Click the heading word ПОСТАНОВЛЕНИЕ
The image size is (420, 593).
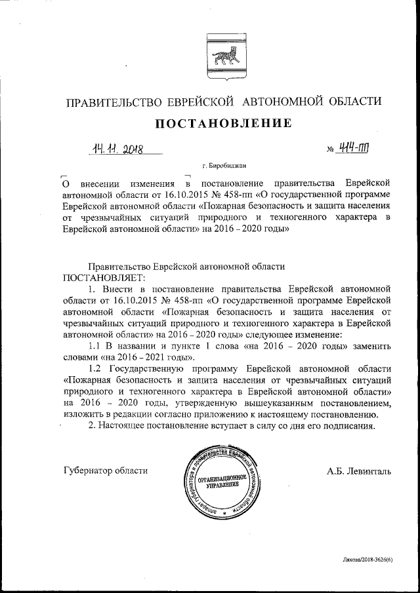[x=222, y=123]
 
